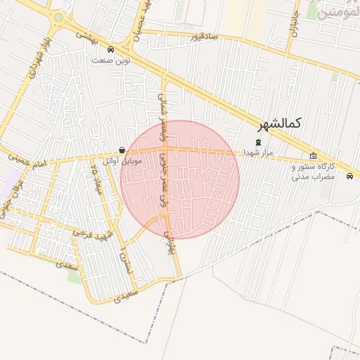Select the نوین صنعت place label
[109, 60]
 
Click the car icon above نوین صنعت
[110, 49]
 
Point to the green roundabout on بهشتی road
[58, 18]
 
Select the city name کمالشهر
[279, 124]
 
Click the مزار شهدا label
[257, 152]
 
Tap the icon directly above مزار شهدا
[257, 141]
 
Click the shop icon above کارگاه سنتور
[313, 156]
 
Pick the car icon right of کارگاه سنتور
[349, 176]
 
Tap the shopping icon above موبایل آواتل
[122, 150]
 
